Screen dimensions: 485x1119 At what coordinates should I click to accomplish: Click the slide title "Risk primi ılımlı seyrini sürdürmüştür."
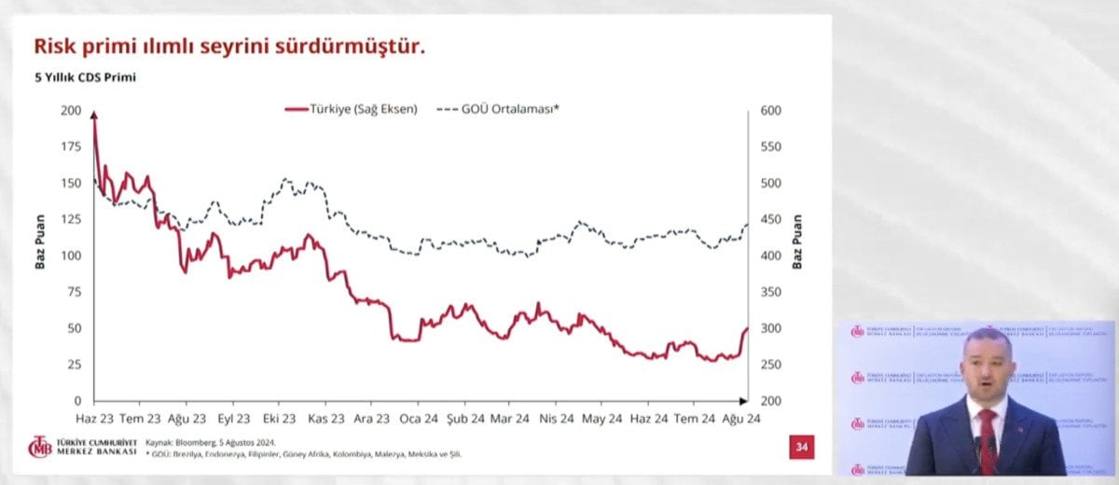[x=229, y=46]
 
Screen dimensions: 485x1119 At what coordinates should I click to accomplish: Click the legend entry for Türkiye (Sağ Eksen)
[x=351, y=109]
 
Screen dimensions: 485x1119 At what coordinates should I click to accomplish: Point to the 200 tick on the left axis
[x=71, y=111]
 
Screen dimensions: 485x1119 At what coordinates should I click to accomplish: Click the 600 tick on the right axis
[x=770, y=111]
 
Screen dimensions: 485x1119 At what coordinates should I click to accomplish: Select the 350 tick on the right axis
[x=770, y=292]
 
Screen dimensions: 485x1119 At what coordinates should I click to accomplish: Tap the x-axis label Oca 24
[x=419, y=419]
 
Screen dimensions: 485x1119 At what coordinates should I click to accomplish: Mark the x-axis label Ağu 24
[x=742, y=419]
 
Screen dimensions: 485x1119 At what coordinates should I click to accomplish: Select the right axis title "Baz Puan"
[x=798, y=242]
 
